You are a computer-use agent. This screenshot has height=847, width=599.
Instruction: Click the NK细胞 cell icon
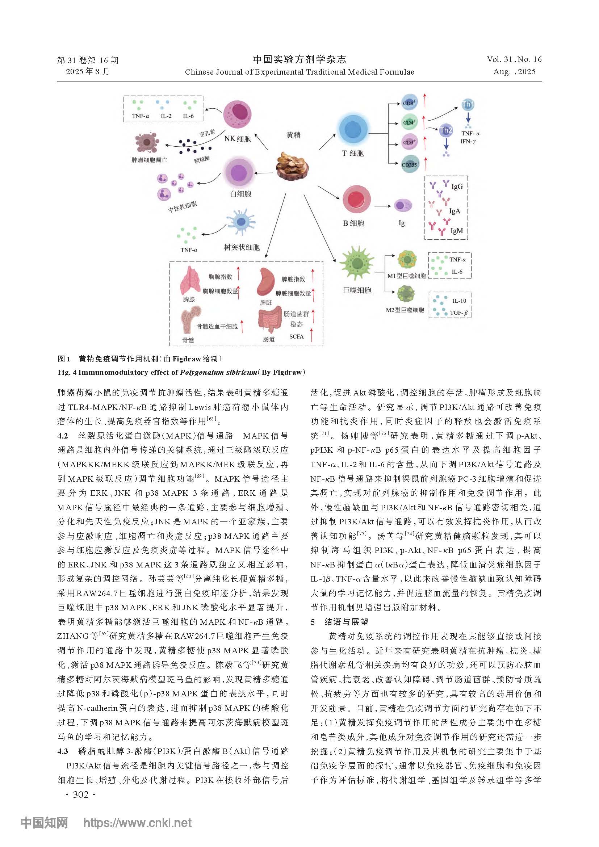(x=237, y=115)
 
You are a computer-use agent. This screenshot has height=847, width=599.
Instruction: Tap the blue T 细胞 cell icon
(x=353, y=130)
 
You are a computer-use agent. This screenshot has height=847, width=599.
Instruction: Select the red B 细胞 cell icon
(x=356, y=200)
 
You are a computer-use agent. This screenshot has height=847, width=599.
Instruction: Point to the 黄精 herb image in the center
(x=292, y=166)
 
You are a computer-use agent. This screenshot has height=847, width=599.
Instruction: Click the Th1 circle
(x=468, y=105)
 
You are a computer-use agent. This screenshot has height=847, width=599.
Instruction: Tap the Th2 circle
(x=446, y=130)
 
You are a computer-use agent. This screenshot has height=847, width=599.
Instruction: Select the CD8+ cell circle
(x=409, y=103)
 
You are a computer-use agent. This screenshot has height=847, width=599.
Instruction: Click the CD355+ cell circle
(x=410, y=164)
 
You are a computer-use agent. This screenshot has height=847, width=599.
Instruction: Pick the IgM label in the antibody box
(x=456, y=231)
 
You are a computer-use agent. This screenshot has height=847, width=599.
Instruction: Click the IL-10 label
(x=459, y=301)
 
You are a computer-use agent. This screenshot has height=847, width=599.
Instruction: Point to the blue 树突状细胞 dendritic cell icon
(x=240, y=222)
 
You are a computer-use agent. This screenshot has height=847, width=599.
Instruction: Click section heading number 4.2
(x=63, y=436)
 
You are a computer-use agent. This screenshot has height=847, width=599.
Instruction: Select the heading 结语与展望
(x=346, y=622)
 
